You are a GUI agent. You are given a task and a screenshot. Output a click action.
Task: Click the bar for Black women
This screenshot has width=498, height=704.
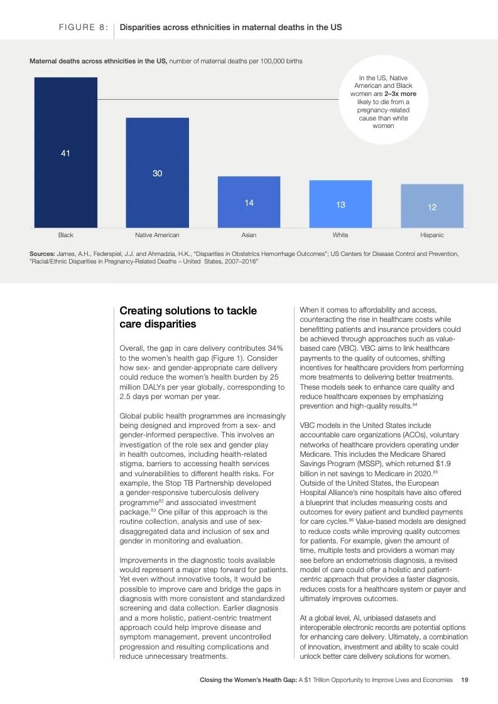pyautogui.click(x=65, y=152)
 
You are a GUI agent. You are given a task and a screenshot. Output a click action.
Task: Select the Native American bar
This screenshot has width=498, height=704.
pyautogui.click(x=157, y=173)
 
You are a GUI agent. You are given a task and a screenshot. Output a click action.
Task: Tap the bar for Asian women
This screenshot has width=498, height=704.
pyautogui.click(x=249, y=201)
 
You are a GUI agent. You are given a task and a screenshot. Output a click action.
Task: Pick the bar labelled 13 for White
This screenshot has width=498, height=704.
pyautogui.click(x=341, y=204)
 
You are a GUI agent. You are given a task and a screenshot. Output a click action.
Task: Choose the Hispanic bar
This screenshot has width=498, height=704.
pyautogui.click(x=432, y=206)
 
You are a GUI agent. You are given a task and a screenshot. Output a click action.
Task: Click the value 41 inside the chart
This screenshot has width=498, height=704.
pyautogui.click(x=65, y=153)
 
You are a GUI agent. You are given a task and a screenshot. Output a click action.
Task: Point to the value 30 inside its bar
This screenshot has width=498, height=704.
pyautogui.click(x=157, y=173)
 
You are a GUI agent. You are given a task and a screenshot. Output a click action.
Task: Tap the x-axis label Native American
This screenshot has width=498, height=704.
pyautogui.click(x=157, y=235)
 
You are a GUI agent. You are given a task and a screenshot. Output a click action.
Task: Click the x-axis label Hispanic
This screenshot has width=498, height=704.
pyautogui.click(x=432, y=235)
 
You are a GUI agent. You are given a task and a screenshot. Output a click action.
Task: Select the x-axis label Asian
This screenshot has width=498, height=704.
pyautogui.click(x=249, y=235)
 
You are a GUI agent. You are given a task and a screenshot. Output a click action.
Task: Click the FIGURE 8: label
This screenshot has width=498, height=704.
pyautogui.click(x=84, y=28)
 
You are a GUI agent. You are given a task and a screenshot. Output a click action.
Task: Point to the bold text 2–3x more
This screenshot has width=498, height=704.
pyautogui.click(x=400, y=94)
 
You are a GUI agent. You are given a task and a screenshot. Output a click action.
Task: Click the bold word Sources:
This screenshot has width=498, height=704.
pyautogui.click(x=42, y=253)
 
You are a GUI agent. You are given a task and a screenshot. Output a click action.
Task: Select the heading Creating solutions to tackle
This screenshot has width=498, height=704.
pyautogui.click(x=188, y=311)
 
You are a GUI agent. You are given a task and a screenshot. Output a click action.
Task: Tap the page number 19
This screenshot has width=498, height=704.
pyautogui.click(x=465, y=680)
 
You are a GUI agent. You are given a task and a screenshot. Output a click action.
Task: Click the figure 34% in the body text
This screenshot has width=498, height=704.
pyautogui.click(x=275, y=348)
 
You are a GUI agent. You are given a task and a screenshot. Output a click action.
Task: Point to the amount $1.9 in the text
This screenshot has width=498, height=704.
pyautogui.click(x=443, y=464)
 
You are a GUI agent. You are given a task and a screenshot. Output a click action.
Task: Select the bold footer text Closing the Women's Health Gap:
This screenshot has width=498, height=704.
pyautogui.click(x=248, y=680)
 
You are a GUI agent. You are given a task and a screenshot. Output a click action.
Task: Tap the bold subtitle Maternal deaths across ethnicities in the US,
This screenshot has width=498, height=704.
pyautogui.click(x=99, y=61)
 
